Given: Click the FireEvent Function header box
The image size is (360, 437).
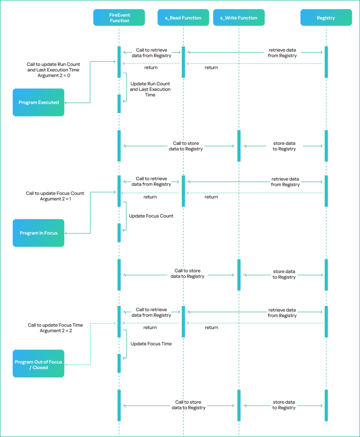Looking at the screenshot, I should click(x=119, y=18).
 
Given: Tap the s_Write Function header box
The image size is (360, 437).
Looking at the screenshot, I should click(x=238, y=18).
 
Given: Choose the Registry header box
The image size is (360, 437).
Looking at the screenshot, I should click(x=326, y=18).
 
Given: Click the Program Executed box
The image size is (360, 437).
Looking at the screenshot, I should click(x=38, y=102).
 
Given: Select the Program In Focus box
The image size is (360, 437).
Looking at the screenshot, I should click(x=38, y=233).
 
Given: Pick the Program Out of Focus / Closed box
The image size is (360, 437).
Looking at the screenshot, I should click(x=38, y=364).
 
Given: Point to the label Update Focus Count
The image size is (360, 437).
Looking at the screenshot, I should click(x=151, y=216).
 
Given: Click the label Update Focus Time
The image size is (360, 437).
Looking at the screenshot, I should click(x=151, y=344).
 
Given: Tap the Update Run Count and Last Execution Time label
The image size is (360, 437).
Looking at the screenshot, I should click(x=150, y=89).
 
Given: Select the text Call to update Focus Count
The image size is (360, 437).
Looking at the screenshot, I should click(x=55, y=193).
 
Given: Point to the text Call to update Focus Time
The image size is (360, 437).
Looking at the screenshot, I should click(x=55, y=325).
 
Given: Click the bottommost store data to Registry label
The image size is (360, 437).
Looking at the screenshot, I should click(x=284, y=405).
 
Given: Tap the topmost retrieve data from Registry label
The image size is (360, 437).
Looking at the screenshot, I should click(x=282, y=53).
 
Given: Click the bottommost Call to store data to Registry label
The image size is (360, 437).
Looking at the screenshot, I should click(x=189, y=405).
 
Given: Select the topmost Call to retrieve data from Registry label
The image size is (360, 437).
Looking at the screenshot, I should click(x=151, y=53).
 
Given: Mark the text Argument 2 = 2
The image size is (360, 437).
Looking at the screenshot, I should click(x=56, y=331).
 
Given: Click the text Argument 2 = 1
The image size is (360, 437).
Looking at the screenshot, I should click(x=55, y=199).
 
